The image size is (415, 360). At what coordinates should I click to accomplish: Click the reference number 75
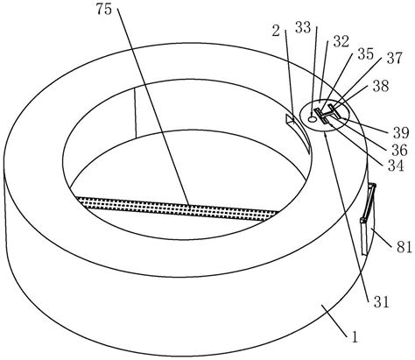[104, 10]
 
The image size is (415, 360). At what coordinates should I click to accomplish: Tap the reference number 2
[276, 31]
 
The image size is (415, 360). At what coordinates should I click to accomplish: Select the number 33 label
[303, 28]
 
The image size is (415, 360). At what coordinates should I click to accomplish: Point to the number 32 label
[341, 41]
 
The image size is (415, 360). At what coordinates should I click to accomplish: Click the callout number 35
[365, 54]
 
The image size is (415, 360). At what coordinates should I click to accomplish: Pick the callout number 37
[394, 58]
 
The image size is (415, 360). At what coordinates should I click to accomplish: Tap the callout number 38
[381, 86]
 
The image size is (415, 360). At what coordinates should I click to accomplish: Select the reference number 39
[401, 133]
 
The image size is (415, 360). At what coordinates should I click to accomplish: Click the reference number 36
[399, 150]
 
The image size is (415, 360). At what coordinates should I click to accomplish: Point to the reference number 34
[396, 166]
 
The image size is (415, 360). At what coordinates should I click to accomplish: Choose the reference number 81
[404, 247]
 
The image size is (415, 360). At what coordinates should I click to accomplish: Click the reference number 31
[382, 302]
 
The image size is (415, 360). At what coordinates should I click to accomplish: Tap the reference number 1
[355, 337]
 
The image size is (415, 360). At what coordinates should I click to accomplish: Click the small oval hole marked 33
[313, 119]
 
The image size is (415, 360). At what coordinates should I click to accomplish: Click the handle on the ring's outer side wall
[368, 219]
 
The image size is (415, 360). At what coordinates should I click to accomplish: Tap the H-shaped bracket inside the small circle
[327, 114]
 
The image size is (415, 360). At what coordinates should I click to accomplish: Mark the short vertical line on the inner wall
[136, 113]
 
